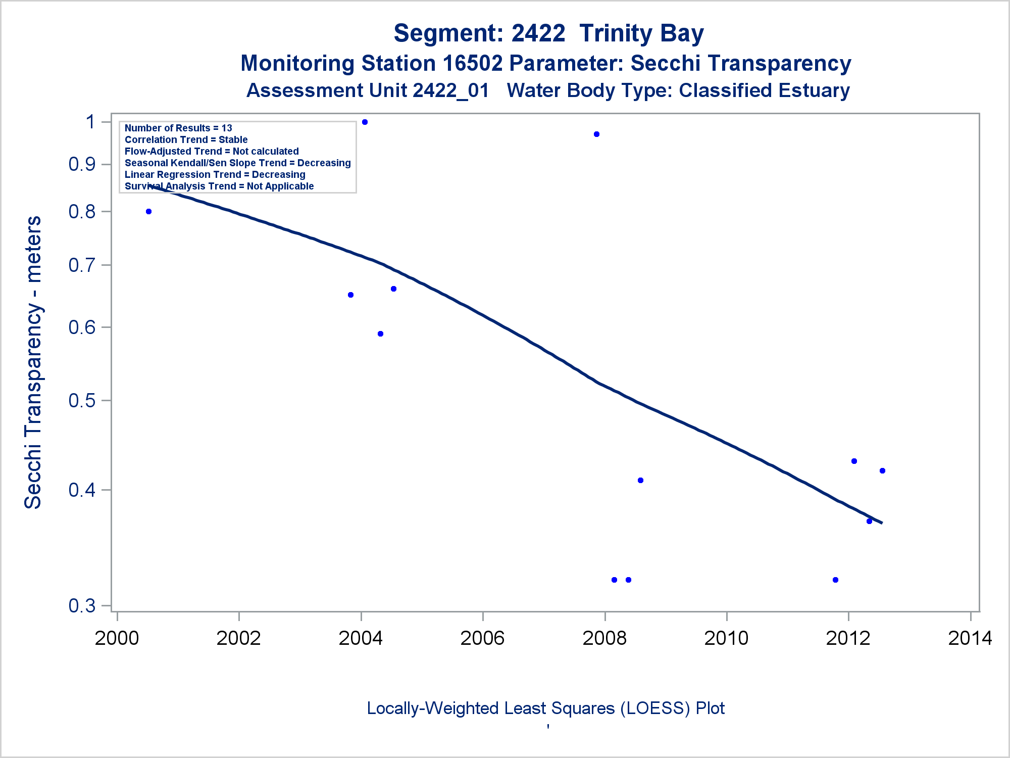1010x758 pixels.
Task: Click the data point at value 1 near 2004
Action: [x=365, y=122]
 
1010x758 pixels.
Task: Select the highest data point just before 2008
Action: [x=596, y=134]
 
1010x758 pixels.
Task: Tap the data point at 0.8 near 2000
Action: [x=148, y=211]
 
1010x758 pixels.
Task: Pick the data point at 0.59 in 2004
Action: [x=380, y=334]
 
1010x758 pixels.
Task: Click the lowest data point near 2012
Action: [x=835, y=580]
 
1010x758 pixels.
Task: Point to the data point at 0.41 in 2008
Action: [x=640, y=480]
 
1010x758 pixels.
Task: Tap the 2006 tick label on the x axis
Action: [x=482, y=638]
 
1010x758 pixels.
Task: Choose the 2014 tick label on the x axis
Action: [x=970, y=638]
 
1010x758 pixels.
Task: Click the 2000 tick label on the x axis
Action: [x=117, y=638]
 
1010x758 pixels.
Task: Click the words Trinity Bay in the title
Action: [x=641, y=33]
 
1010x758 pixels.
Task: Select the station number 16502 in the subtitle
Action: [x=472, y=63]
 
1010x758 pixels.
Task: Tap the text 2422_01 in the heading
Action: [x=450, y=90]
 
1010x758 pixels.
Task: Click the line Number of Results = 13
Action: [x=178, y=128]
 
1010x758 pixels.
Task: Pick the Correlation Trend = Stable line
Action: [x=186, y=139]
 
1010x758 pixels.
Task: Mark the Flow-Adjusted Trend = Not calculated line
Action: [x=212, y=151]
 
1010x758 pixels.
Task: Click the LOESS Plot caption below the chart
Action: [x=545, y=708]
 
